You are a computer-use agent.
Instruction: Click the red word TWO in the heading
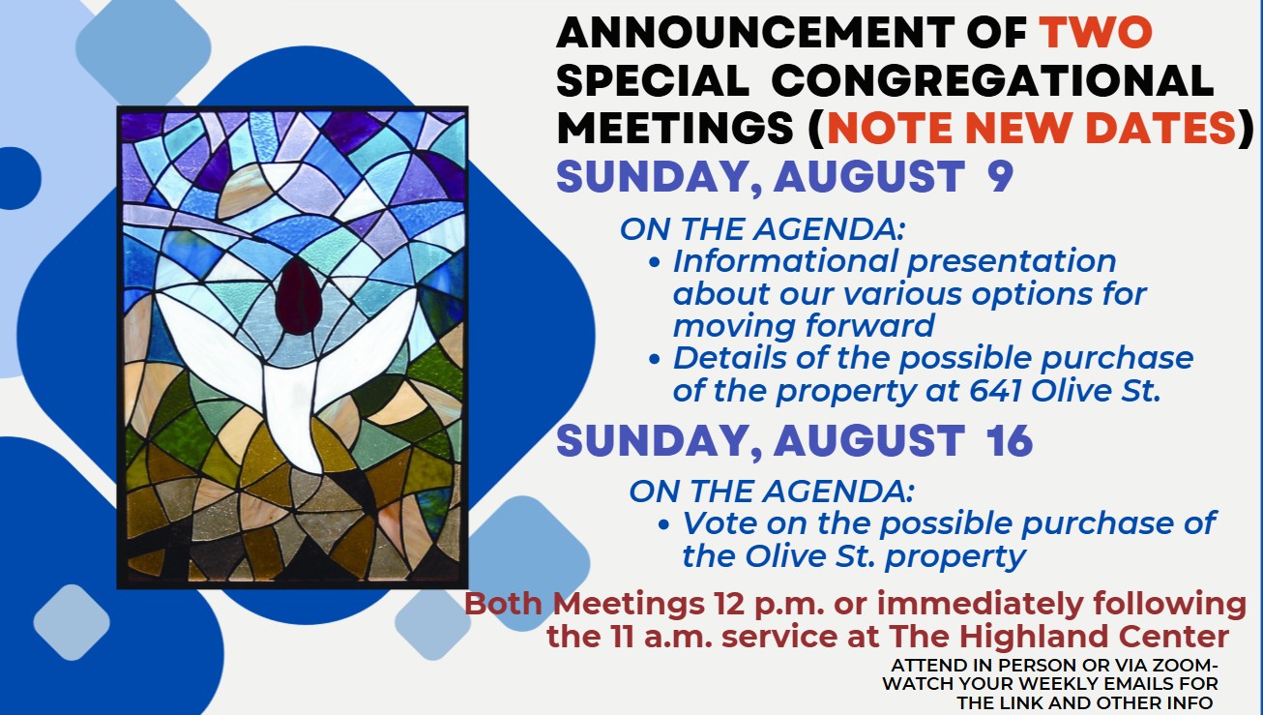point(1096,32)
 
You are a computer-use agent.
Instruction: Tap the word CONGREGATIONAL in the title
point(992,80)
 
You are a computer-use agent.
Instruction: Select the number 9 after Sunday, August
point(1000,176)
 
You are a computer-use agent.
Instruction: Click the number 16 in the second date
point(1010,440)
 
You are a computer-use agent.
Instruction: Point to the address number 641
point(995,390)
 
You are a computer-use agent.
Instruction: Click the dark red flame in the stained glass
point(298,297)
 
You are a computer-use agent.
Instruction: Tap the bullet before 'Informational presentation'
point(654,261)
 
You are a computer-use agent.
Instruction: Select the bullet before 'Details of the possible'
point(654,359)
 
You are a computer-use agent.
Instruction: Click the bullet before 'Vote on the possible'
point(663,524)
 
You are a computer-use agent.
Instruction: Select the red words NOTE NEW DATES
point(1031,128)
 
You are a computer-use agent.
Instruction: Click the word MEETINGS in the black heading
point(675,128)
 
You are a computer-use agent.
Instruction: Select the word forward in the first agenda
point(869,325)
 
